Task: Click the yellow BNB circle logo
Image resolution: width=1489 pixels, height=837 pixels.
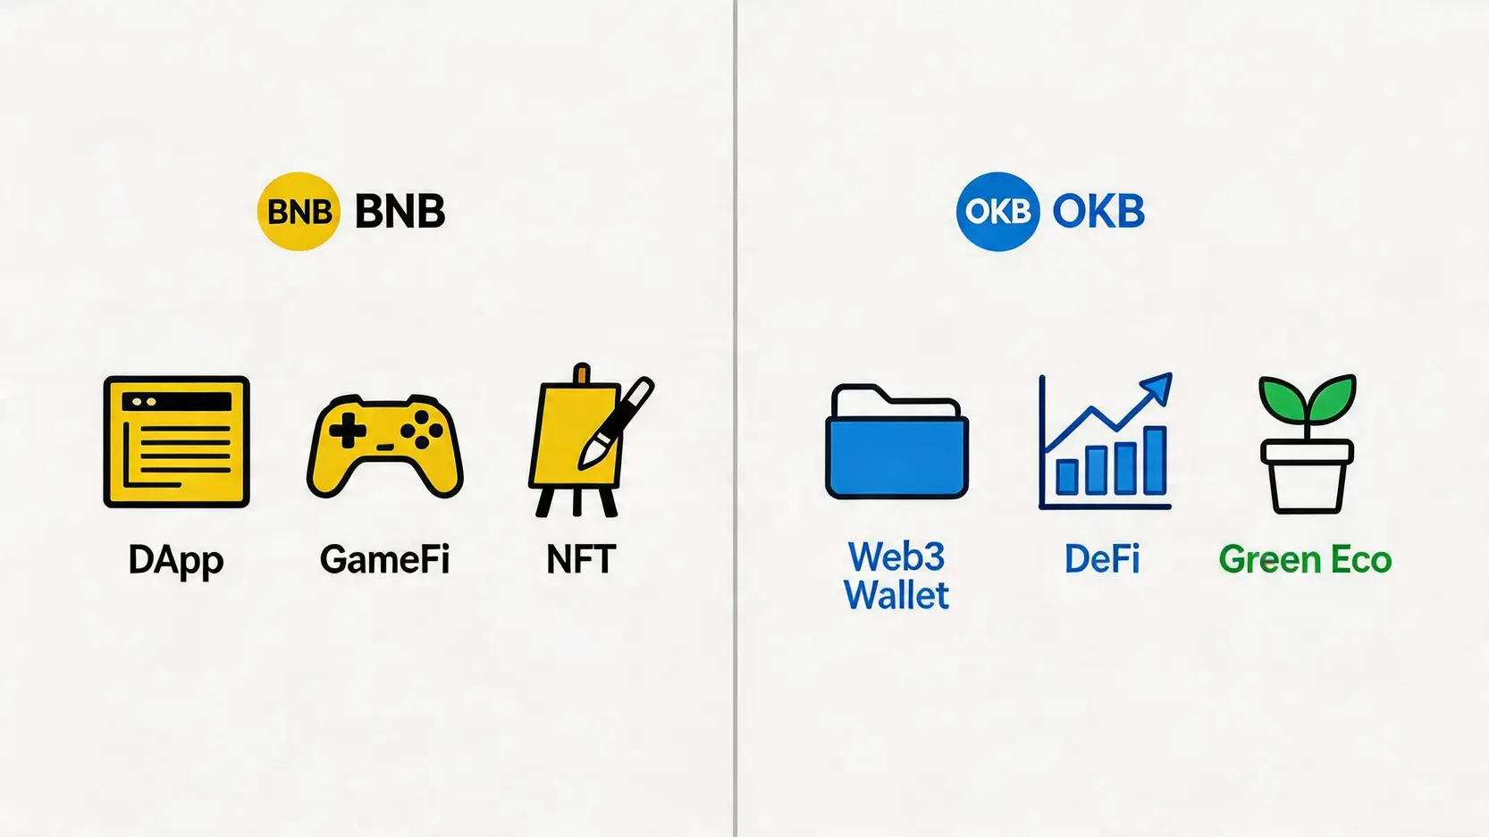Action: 299,211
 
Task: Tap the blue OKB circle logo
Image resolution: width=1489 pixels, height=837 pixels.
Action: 997,211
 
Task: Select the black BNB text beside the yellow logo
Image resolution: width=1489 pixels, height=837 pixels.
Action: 400,212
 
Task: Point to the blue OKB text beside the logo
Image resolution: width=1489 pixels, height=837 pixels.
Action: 1098,212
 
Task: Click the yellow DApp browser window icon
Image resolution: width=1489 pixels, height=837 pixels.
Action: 177,442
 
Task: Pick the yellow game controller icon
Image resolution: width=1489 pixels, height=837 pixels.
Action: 385,446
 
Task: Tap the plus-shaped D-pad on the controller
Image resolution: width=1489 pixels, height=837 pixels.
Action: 348,430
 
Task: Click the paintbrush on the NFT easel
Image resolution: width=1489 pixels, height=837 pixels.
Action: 616,423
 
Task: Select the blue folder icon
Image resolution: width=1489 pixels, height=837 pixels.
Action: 896,441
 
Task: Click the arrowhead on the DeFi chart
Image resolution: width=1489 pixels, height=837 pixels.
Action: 1157,388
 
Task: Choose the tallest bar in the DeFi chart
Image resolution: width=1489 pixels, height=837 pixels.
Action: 1156,461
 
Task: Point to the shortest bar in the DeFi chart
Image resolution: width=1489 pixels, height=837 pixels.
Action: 1067,477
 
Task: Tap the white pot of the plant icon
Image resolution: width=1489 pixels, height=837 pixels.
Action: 1307,475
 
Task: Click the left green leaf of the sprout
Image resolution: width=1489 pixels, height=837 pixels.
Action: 1282,398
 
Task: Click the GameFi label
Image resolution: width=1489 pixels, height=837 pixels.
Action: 385,559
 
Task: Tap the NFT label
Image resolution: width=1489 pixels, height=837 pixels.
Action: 581,559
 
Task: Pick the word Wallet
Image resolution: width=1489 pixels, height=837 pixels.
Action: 896,594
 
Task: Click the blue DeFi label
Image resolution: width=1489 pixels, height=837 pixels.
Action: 1102,558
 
